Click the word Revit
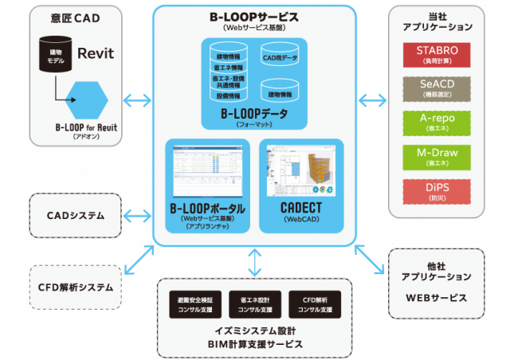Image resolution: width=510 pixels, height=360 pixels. [96, 54]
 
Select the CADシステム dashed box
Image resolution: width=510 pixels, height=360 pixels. [76, 215]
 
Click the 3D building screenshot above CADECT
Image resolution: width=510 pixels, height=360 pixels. [301, 170]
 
